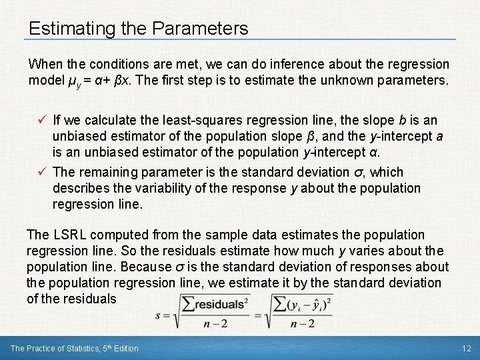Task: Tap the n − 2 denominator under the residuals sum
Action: click(213, 325)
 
